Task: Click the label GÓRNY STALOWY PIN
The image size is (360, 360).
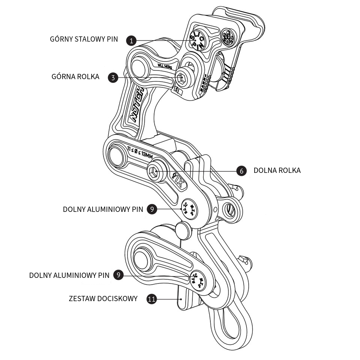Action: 84,39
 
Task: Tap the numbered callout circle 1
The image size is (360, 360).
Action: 131,40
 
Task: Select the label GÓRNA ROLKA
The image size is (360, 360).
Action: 75,77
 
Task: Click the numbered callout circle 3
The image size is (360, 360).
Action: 113,78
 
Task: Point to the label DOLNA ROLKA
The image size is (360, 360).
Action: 277,171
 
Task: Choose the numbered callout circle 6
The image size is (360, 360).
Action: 242,171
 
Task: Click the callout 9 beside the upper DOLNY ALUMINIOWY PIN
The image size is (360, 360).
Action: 151,209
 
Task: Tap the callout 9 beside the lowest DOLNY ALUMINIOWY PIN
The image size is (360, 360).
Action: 118,275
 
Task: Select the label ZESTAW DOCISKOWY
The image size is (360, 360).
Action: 103,299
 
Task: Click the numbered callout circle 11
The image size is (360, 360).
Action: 151,299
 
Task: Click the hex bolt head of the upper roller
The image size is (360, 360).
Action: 182,78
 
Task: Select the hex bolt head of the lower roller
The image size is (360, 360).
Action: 154,172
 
